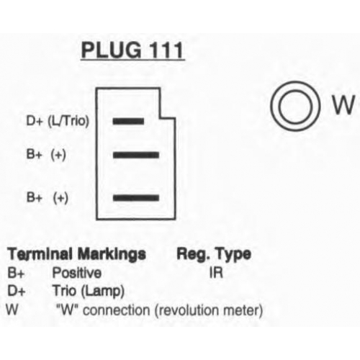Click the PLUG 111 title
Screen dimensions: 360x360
pyautogui.click(x=132, y=50)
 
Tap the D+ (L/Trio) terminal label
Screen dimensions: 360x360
pyautogui.click(x=58, y=121)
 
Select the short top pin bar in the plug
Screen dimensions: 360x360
pyautogui.click(x=128, y=121)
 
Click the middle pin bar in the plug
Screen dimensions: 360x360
pyautogui.click(x=136, y=155)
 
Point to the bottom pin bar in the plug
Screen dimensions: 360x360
pyautogui.click(x=136, y=198)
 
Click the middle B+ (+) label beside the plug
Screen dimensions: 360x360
pyautogui.click(x=46, y=155)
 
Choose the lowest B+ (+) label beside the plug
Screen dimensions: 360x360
pyautogui.click(x=48, y=198)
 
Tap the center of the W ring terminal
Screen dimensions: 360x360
pyautogui.click(x=295, y=106)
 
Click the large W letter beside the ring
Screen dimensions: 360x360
pyautogui.click(x=343, y=104)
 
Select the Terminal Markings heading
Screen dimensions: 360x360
pyautogui.click(x=77, y=254)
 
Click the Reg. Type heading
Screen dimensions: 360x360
pyautogui.click(x=214, y=254)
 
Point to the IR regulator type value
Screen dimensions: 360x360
pyautogui.click(x=216, y=273)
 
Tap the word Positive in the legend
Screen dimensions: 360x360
pyautogui.click(x=77, y=273)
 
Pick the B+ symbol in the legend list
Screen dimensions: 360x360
pyautogui.click(x=16, y=273)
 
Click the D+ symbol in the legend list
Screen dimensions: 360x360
pyautogui.click(x=17, y=291)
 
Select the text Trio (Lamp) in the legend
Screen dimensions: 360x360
pyautogui.click(x=89, y=291)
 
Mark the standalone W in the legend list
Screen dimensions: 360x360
pyautogui.click(x=12, y=310)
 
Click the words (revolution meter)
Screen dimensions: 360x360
pyautogui.click(x=209, y=310)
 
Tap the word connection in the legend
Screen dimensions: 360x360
pyautogui.click(x=117, y=310)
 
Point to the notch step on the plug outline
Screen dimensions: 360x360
pyautogui.click(x=168, y=117)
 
